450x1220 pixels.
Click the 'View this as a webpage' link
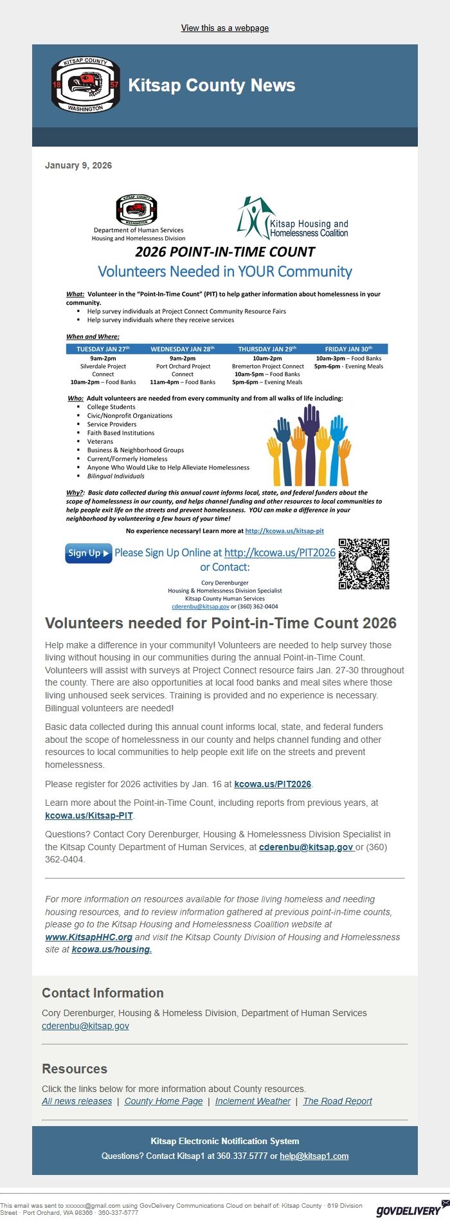pos(225,28)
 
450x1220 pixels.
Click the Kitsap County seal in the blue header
pos(85,85)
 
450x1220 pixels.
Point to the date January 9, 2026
pos(78,165)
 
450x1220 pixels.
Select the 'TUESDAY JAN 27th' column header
pos(103,349)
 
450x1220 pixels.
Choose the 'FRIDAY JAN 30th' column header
pos(348,349)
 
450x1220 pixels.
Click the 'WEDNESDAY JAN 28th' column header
pos(183,349)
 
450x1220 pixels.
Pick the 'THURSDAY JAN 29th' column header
pos(267,349)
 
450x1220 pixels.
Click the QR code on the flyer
pos(364,564)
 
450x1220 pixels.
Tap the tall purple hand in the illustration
pos(311,444)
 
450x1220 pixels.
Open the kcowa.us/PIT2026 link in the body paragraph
pos(273,784)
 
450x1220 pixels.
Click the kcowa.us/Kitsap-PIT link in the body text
pos(89,815)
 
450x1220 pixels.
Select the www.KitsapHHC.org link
pos(89,937)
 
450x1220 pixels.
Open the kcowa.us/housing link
pos(112,949)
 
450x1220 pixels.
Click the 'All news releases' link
pos(77,1101)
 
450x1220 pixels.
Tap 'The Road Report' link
pos(337,1101)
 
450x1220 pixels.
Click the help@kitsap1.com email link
pos(314,1156)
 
